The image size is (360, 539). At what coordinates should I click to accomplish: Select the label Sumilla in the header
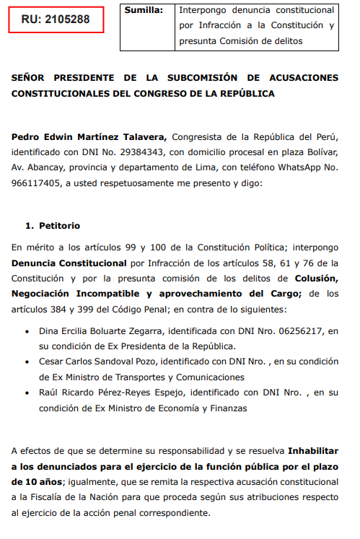click(x=142, y=10)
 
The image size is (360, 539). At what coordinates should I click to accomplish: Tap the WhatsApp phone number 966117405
click(x=36, y=184)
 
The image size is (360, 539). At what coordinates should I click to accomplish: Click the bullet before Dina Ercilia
click(x=28, y=331)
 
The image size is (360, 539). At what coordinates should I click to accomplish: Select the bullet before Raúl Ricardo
click(x=28, y=393)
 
